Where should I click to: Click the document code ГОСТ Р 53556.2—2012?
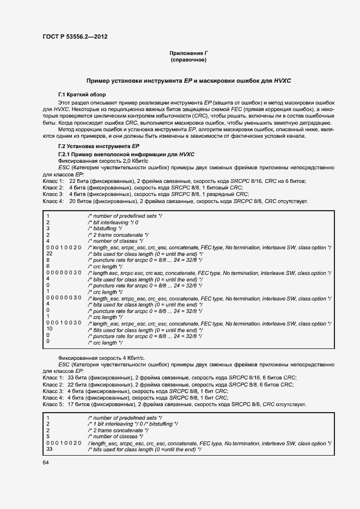tap(75, 36)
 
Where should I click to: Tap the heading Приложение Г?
tap(188, 53)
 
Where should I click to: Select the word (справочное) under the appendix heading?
tap(188, 60)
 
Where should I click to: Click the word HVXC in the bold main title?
tap(282, 81)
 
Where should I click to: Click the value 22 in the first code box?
tap(50, 254)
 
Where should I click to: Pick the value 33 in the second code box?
tap(50, 450)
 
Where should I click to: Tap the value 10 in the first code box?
tap(50, 329)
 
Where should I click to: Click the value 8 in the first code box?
tap(48, 260)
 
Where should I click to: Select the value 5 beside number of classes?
tap(48, 436)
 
